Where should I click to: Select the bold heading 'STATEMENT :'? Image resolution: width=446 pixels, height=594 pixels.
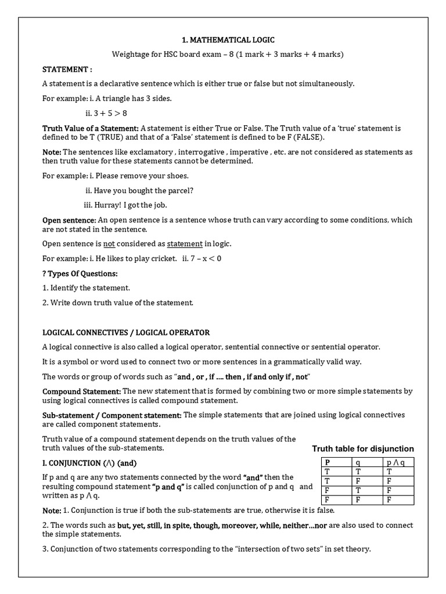coord(67,69)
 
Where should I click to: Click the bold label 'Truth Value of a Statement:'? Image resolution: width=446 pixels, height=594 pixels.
coord(91,128)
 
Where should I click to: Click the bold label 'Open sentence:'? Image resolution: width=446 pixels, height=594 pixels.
coord(69,220)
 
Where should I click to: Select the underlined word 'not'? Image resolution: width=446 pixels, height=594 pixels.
coord(109,244)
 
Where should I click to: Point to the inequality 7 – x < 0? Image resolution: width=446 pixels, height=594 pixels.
coord(206,259)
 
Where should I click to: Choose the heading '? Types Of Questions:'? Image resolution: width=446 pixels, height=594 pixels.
coord(80,273)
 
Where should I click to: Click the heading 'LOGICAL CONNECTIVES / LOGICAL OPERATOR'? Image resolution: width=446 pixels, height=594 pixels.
coord(126,332)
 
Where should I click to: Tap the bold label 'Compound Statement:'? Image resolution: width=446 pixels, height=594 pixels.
coord(81,392)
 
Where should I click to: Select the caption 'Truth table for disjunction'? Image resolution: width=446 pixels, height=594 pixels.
coord(363,448)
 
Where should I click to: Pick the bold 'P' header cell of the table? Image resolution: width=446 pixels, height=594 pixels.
coord(327,462)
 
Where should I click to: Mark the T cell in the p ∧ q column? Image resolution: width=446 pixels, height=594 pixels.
coord(389,472)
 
